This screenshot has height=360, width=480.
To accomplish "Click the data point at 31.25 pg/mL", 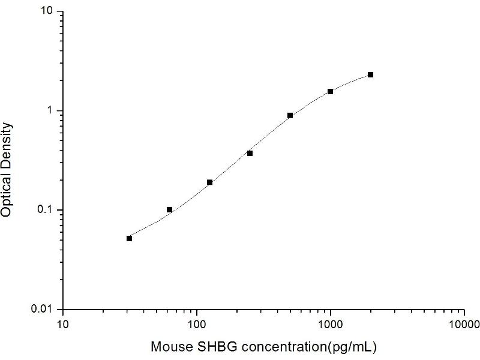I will click(129, 238).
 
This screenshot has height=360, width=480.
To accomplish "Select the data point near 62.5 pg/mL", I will click(169, 209).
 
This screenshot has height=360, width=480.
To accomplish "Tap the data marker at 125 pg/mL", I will click(209, 182).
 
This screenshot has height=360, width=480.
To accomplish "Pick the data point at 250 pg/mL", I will click(250, 153).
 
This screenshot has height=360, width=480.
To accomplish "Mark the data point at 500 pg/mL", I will click(290, 115).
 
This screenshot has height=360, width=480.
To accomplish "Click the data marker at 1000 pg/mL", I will click(330, 91).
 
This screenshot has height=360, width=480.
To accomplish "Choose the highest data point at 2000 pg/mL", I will click(370, 74).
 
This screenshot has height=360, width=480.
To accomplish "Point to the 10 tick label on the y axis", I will click(48, 12).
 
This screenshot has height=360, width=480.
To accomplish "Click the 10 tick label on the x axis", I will click(62, 325).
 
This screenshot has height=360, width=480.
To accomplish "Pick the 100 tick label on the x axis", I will click(196, 325).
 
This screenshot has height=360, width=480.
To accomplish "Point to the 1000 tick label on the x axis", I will click(330, 325).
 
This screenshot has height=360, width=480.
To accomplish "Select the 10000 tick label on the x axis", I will click(464, 325).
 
